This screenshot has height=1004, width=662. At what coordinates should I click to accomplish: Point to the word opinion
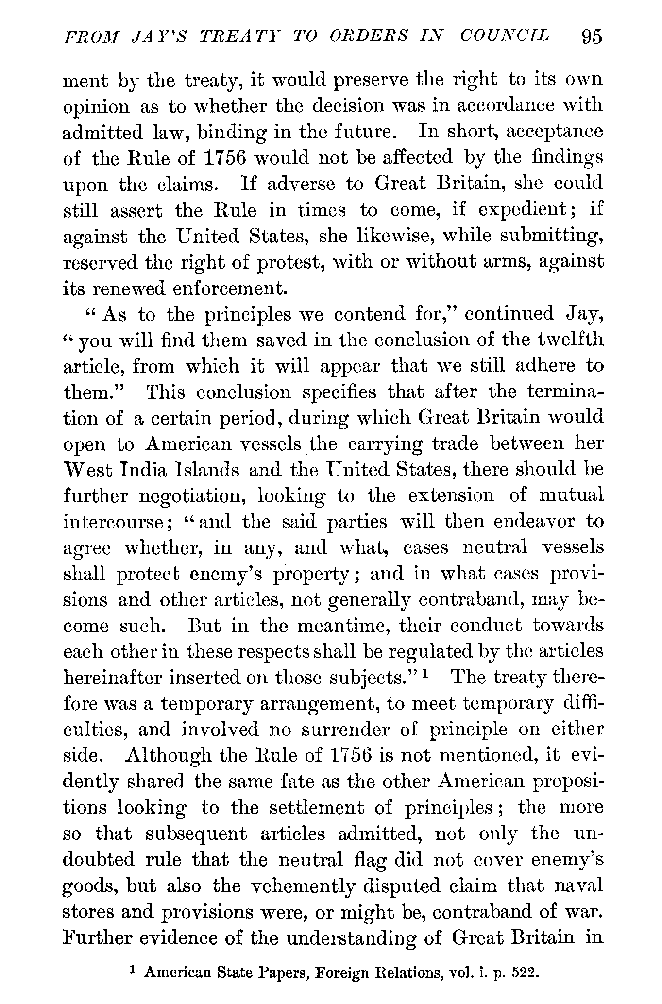click(x=97, y=107)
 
